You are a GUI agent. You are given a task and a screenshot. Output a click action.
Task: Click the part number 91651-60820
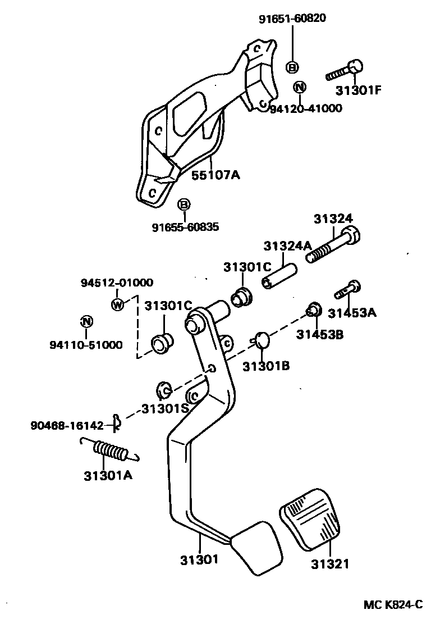pyautogui.click(x=292, y=19)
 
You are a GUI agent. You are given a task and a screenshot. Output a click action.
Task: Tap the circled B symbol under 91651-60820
pyautogui.click(x=292, y=67)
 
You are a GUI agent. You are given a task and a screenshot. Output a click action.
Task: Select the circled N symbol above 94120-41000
pyautogui.click(x=300, y=87)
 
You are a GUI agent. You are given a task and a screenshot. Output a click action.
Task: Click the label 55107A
pyautogui.click(x=216, y=175)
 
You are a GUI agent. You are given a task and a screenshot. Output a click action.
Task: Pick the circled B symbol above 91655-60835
pyautogui.click(x=184, y=205)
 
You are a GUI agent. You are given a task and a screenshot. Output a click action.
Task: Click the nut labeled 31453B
pyautogui.click(x=314, y=308)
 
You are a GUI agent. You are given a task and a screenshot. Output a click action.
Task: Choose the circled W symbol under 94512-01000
pyautogui.click(x=117, y=304)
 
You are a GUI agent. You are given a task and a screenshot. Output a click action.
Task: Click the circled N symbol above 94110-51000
pyautogui.click(x=85, y=322)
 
